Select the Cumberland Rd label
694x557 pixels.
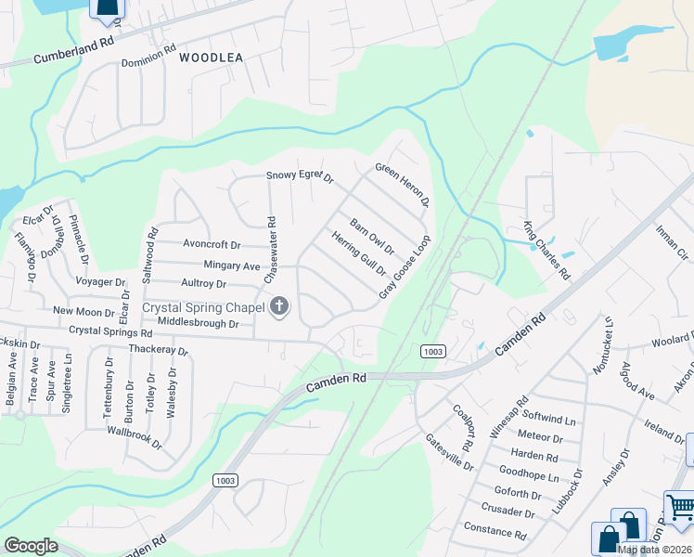pyautogui.click(x=73, y=49)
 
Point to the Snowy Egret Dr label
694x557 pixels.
pyautogui.click(x=299, y=175)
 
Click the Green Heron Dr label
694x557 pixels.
pyautogui.click(x=402, y=184)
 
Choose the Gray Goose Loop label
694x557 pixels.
pyautogui.click(x=405, y=266)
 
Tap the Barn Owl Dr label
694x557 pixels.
pyautogui.click(x=372, y=237)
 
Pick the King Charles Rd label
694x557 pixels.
pyautogui.click(x=545, y=251)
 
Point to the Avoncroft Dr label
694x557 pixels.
pyautogui.click(x=212, y=245)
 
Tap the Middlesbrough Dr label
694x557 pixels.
pyautogui.click(x=199, y=323)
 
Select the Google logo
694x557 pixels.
pyautogui.click(x=31, y=545)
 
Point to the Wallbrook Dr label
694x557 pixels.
pyautogui.click(x=135, y=438)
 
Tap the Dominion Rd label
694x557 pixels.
pyautogui.click(x=148, y=61)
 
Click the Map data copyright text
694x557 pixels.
pyautogui.click(x=654, y=550)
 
